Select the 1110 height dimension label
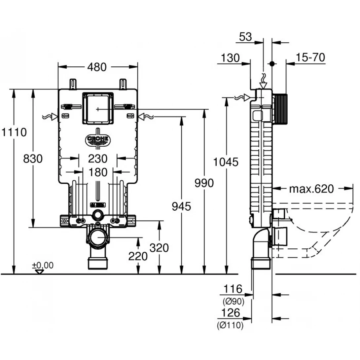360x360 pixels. point(14,132)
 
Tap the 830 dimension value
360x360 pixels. point(33,159)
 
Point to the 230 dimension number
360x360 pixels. point(98,159)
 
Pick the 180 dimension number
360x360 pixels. point(98,172)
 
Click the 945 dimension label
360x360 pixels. point(181,206)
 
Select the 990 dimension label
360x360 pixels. point(204,183)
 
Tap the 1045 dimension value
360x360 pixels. point(226,162)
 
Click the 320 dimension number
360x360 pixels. point(160,248)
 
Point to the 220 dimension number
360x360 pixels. point(138,256)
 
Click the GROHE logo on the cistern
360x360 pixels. point(98,140)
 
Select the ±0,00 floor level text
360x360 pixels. point(42,265)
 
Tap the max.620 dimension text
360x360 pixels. point(311,189)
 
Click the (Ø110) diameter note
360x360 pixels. point(230,325)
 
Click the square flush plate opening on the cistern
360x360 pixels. point(98,108)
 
